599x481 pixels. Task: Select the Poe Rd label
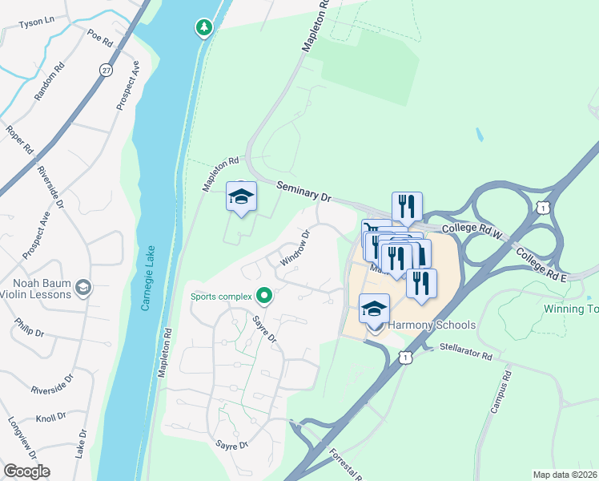(101, 36)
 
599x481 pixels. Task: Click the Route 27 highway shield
(106, 71)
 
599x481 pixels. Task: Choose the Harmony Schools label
(432, 325)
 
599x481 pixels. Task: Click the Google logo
(26, 471)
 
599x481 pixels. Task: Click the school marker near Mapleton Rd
(241, 197)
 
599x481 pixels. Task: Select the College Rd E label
(541, 264)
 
